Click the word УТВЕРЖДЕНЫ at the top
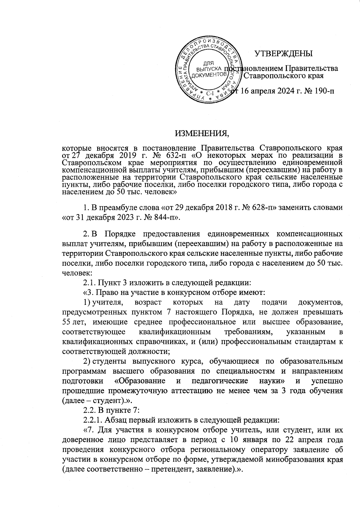point(283,54)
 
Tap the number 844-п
point(163,217)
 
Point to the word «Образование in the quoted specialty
point(140,381)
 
